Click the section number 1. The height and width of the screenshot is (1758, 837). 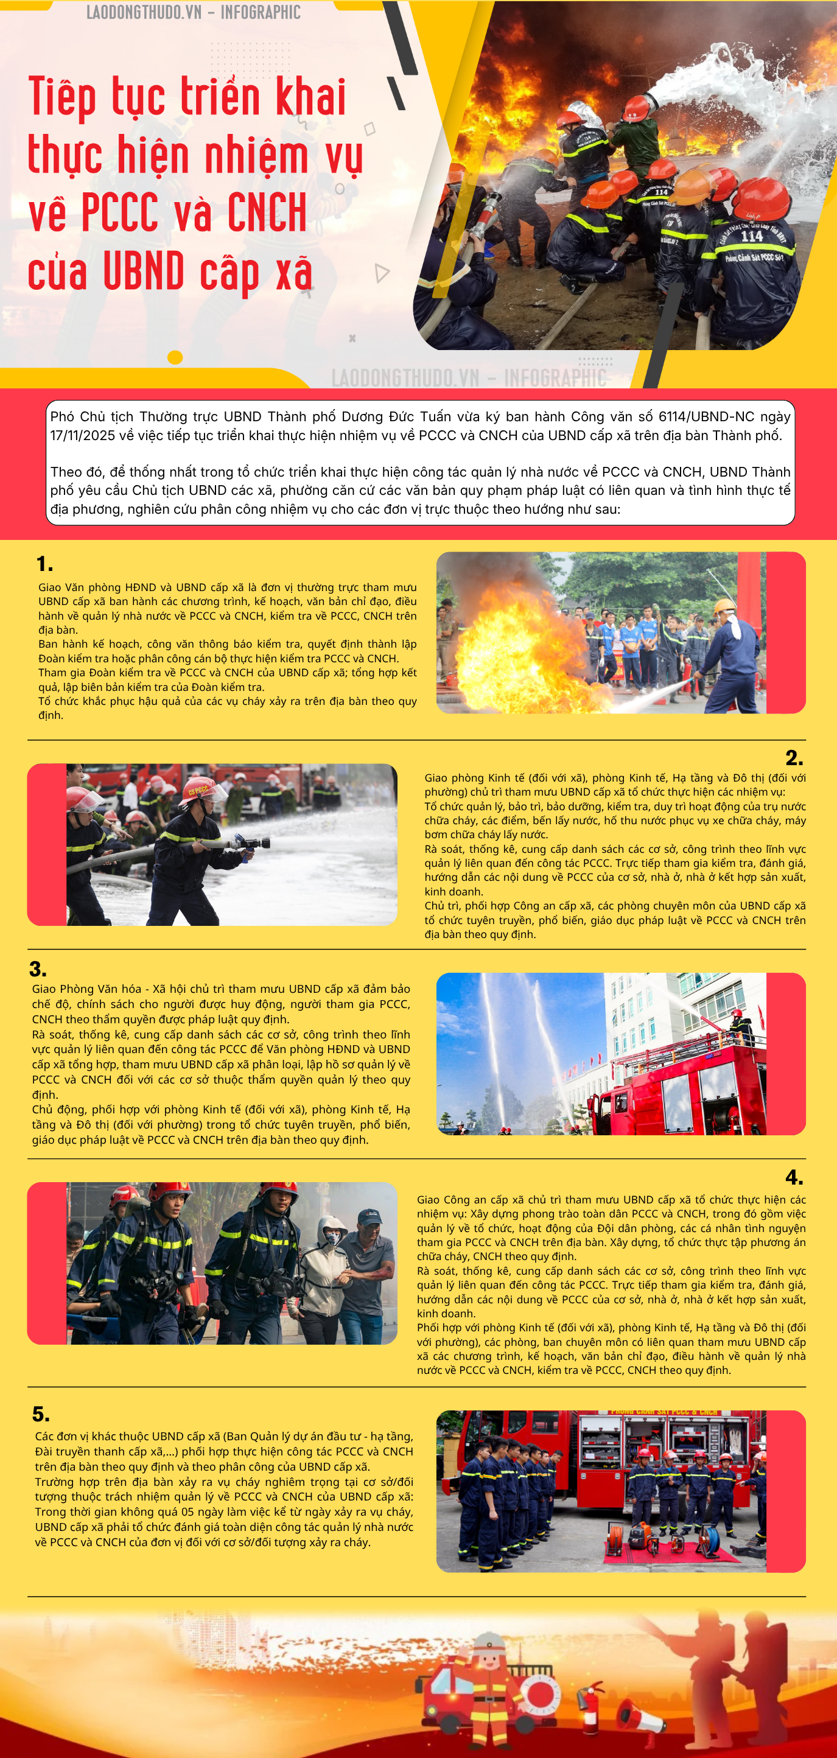[x=44, y=564]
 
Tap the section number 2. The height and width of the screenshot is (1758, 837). [x=794, y=757]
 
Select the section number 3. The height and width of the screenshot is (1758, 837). [x=38, y=969]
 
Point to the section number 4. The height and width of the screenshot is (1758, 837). [x=794, y=1177]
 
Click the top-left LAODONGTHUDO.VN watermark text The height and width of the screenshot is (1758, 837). [x=144, y=12]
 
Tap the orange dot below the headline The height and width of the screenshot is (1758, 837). [x=175, y=357]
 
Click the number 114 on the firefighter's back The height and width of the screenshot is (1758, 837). [x=751, y=236]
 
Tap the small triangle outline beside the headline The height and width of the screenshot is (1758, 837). [x=382, y=273]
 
